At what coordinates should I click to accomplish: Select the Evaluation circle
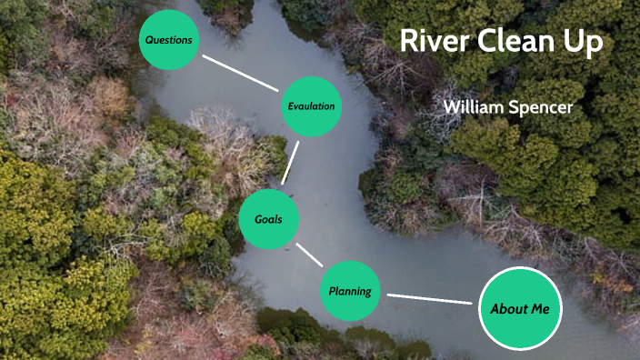coord(311,106)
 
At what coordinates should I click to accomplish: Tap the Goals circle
coord(268,218)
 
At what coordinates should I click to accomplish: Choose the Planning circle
coord(350,291)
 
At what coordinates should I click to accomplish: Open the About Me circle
coord(520,309)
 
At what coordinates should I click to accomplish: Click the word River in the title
coord(432,43)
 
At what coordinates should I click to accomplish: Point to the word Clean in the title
coord(515,43)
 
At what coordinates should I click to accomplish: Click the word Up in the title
coord(585,44)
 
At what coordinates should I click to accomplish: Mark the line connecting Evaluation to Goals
coord(290,161)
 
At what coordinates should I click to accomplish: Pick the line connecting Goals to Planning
coord(309,254)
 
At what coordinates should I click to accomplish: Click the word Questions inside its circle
coord(168,40)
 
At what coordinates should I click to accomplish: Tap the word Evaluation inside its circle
coord(311,106)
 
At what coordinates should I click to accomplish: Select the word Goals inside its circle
coord(268,219)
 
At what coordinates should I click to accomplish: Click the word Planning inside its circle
coord(350,292)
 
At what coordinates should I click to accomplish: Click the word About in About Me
coord(509,309)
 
